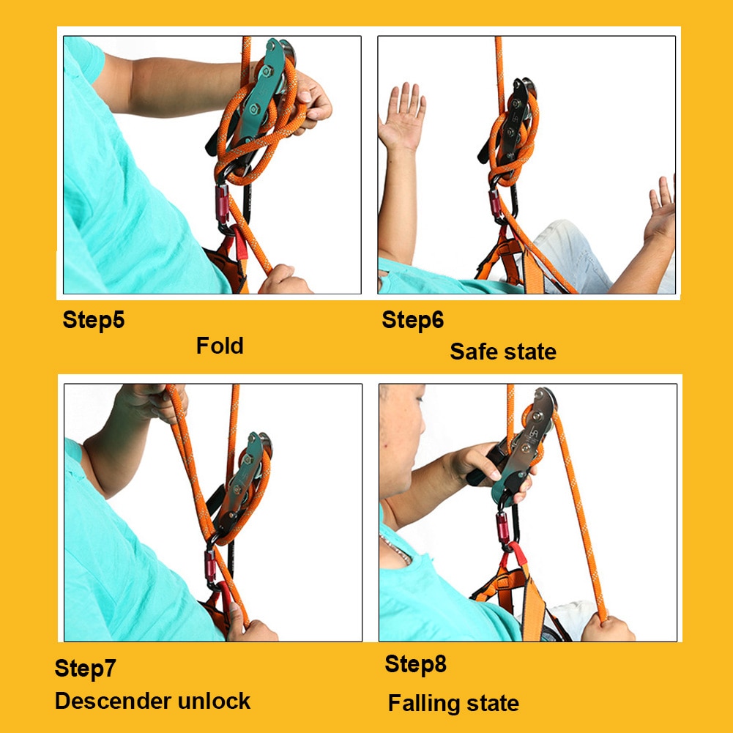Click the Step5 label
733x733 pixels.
point(94,320)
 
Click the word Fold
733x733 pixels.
point(220,345)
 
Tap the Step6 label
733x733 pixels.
point(413,320)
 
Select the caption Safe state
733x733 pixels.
point(503,351)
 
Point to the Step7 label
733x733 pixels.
point(86,668)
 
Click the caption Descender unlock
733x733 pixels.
point(152,701)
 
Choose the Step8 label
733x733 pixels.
point(415,664)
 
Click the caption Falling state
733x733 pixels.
point(453,704)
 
